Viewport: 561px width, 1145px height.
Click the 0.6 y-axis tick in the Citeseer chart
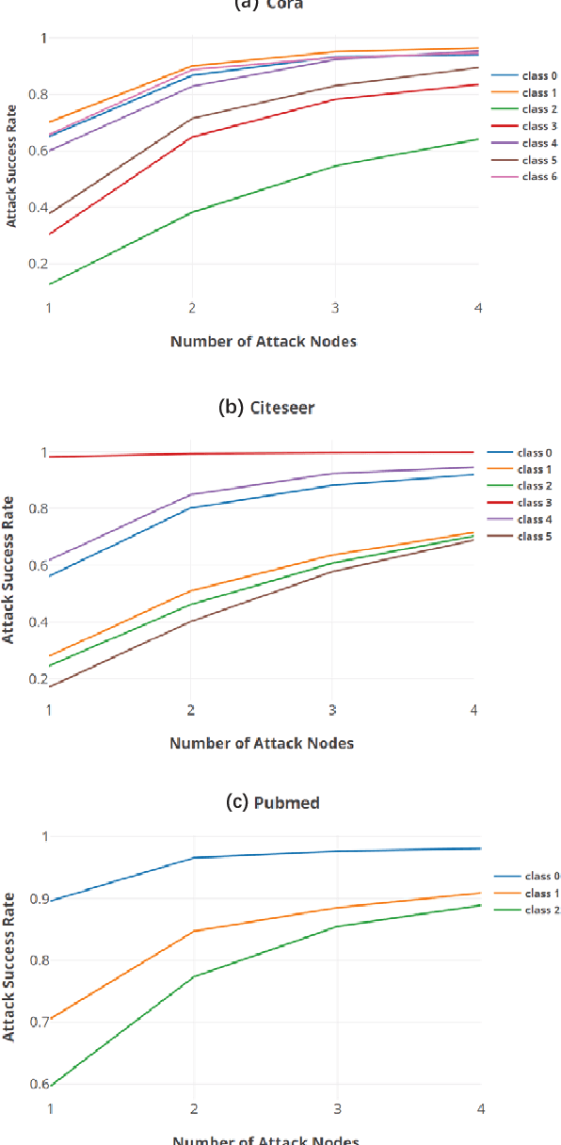tap(37, 566)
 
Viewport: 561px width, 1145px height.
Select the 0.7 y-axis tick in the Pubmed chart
tap(37, 1023)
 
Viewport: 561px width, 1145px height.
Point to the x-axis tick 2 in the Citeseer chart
tap(191, 709)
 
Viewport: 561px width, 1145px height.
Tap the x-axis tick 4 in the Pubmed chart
tap(481, 1109)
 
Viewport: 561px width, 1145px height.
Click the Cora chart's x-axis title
tap(264, 342)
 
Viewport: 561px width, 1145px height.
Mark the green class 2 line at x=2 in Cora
tap(192, 212)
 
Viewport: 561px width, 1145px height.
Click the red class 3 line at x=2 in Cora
tap(192, 137)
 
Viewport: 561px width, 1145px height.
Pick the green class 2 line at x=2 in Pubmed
tap(192, 976)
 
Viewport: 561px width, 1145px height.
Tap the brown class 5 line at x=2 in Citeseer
tap(191, 621)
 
